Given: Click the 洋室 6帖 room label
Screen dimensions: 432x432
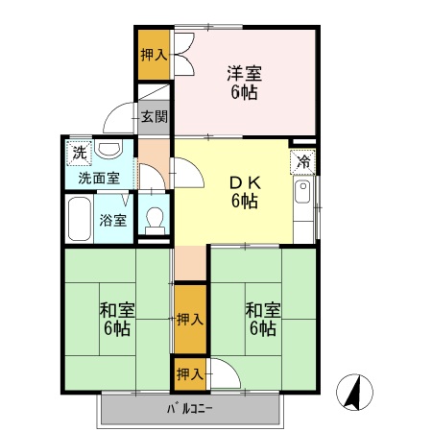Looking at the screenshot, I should pos(244,83).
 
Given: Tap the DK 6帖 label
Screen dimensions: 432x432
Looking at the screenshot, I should pos(244,191).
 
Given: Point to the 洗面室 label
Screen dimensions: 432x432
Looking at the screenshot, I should pos(98,178).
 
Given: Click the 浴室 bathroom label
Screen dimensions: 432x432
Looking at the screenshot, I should pos(112,220).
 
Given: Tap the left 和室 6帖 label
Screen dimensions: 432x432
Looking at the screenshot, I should pos(116,319).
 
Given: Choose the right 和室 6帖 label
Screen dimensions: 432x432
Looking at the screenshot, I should pos(261,319).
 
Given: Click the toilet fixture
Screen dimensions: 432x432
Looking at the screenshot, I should pos(154,218).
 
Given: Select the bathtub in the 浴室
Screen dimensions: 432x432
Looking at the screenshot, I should pos(79,220).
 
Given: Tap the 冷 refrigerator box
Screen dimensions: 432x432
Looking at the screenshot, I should pos(304,160).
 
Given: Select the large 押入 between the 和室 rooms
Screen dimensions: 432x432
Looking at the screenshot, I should pos(190,318).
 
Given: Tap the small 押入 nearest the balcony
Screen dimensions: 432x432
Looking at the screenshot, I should pos(189,372).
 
